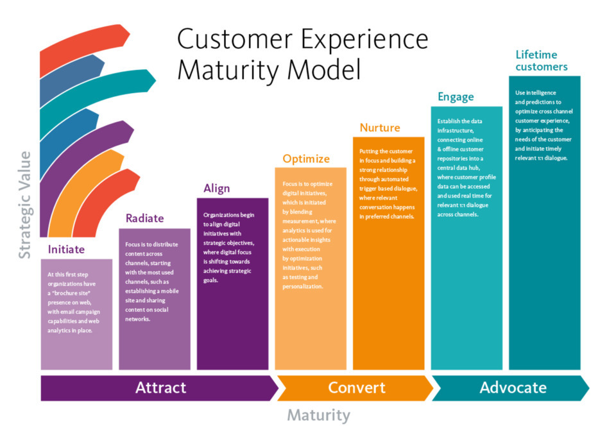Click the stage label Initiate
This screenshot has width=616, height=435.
click(66, 249)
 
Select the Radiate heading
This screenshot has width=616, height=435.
click(144, 218)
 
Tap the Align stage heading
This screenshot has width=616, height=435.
click(216, 188)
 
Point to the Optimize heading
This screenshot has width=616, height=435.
click(306, 158)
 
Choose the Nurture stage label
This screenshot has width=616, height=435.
click(379, 128)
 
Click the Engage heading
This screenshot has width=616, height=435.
click(456, 97)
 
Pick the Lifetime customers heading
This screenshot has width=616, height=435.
click(542, 60)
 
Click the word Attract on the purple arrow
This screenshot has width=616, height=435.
click(160, 388)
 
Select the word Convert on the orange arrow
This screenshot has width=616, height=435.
click(357, 388)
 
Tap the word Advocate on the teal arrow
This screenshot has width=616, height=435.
click(513, 388)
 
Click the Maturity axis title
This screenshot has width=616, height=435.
click(318, 415)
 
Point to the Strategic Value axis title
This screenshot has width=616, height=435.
click(24, 205)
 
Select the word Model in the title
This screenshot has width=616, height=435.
click(323, 69)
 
